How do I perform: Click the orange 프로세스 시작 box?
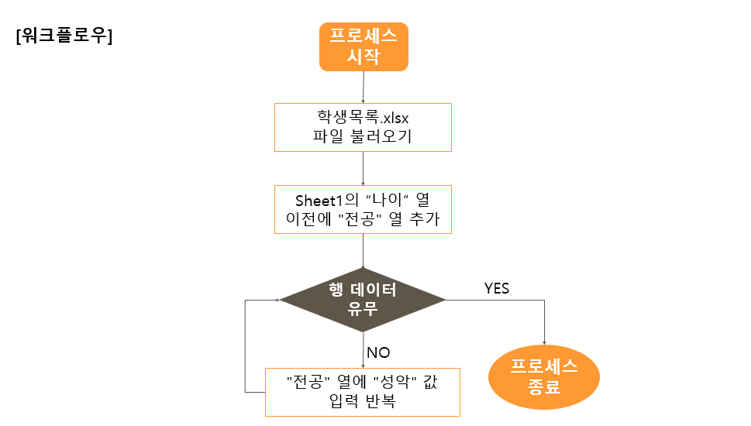363,46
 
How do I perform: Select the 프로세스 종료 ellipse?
544,376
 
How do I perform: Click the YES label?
497,289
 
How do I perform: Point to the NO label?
378,353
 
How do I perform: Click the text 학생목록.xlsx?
363,119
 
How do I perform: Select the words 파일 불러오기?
363,138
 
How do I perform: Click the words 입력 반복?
363,400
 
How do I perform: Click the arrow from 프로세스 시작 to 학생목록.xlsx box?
363,87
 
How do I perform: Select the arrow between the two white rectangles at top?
363,167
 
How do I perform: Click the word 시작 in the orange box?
363,57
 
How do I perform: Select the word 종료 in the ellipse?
543,386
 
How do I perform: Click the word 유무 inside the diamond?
363,309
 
